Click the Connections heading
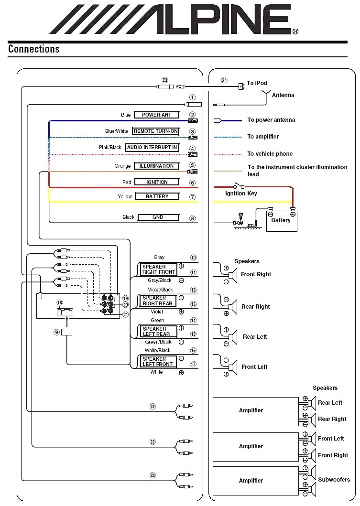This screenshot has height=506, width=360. click(33, 49)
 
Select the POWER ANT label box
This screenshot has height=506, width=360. click(156, 115)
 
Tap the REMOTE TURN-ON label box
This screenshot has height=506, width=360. click(156, 131)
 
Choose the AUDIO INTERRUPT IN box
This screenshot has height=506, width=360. click(152, 148)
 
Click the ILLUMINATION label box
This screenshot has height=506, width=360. click(156, 166)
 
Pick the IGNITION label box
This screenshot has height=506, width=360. click(156, 182)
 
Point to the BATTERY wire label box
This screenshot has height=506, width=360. click(157, 196)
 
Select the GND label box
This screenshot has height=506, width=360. click(158, 217)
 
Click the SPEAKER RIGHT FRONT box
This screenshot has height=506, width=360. click(158, 269)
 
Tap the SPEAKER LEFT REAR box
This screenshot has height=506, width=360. click(158, 331)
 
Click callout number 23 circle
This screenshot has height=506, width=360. click(165, 81)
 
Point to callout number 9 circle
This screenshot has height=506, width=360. click(56, 332)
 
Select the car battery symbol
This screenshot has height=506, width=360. click(281, 220)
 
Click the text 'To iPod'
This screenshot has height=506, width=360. click(257, 83)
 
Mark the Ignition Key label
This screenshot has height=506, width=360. click(241, 194)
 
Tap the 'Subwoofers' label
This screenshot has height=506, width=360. click(334, 479)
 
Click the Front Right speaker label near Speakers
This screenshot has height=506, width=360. click(256, 274)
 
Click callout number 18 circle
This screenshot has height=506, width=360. click(60, 302)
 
